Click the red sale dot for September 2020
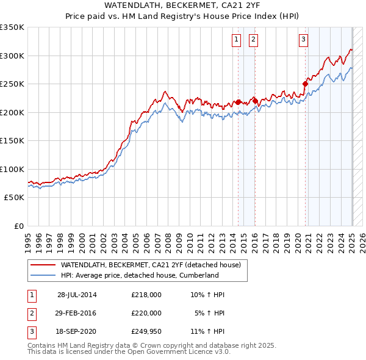305,84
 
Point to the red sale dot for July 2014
239,102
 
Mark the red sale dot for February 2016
256,101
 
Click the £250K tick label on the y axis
12,84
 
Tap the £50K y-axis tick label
14,198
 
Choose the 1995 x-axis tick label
27,240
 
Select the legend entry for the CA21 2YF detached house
151,265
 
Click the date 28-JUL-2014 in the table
77,295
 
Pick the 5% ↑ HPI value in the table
210,313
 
